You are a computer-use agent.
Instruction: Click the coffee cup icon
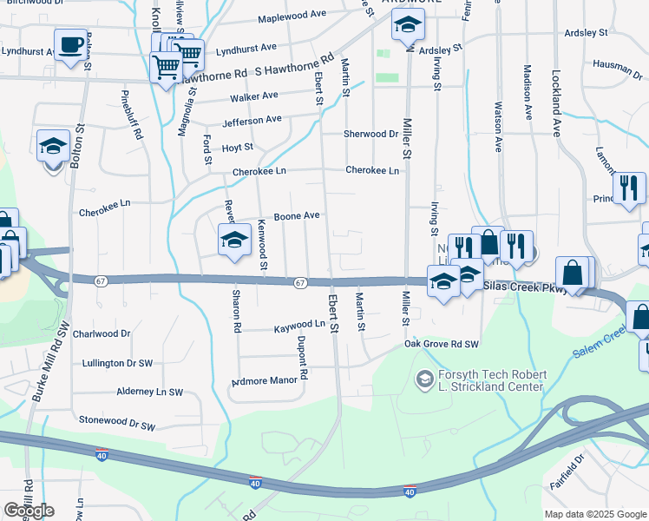tap(70, 43)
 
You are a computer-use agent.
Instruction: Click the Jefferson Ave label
tap(252, 120)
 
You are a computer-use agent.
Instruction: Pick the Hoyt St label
tap(237, 148)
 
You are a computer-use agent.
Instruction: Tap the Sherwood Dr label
tap(370, 134)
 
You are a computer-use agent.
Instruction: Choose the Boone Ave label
tap(298, 215)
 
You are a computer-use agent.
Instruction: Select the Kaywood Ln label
tap(299, 324)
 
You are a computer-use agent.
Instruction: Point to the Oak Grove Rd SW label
tap(442, 345)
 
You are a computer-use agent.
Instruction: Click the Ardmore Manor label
tap(264, 381)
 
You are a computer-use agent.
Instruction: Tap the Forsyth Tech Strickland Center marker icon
tap(424, 379)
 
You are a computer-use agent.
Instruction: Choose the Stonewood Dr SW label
tap(117, 426)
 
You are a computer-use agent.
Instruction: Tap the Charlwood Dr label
tap(102, 333)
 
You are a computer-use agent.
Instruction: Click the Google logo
tap(29, 510)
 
